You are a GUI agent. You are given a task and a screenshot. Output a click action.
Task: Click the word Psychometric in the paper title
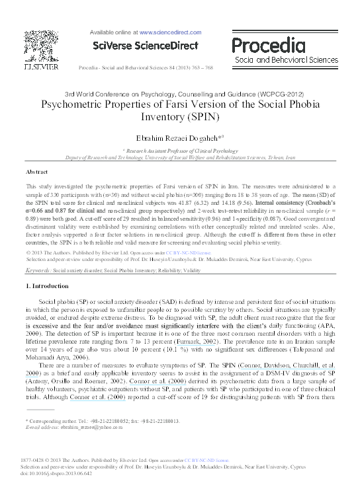pyautogui.click(x=73, y=105)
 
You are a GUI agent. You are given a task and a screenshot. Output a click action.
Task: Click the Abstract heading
pyautogui.click(x=37, y=170)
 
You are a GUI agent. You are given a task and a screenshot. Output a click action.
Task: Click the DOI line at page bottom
pyautogui.click(x=57, y=474)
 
